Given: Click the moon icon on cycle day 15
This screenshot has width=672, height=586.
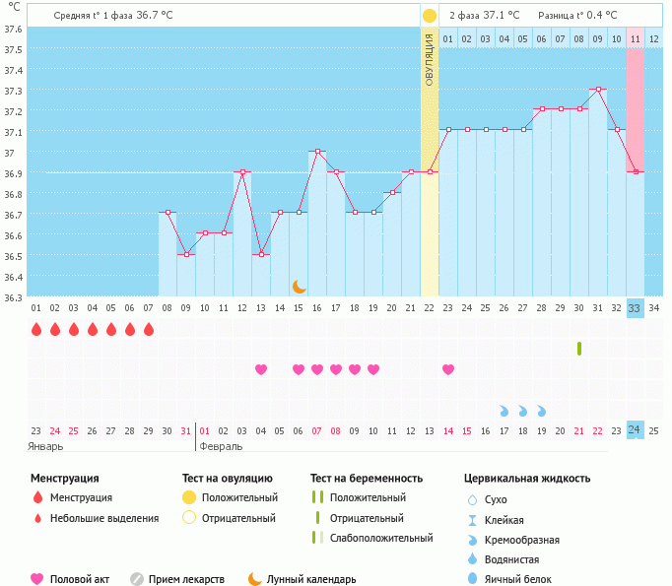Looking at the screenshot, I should coord(299,286).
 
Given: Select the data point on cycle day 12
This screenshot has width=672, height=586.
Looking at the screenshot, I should coord(242,172).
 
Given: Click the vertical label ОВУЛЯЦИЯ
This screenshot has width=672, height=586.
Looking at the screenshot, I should coord(430,59).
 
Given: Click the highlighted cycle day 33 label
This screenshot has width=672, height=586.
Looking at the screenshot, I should coord(636,308).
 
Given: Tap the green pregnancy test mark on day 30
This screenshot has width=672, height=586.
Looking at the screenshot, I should coord(579,349).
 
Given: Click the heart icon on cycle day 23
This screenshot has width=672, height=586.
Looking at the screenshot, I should coord(448,369).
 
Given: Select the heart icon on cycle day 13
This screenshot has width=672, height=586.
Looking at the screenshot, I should coord(261,369).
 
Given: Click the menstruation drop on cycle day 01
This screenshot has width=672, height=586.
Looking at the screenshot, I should coord(36,329).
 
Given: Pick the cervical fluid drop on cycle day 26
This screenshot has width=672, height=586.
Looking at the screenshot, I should coord(504,410).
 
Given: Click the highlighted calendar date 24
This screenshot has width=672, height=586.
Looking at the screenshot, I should coord(636,430).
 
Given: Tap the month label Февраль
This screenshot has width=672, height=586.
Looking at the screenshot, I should coord(221,446).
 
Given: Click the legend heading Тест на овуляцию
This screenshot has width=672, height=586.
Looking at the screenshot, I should coord(228,479).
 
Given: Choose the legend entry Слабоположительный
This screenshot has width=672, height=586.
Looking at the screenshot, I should coord(381,538).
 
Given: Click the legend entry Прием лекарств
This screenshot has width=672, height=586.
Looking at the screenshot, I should coord(186,579).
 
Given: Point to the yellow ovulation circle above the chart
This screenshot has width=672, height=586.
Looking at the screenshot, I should coord(430,16).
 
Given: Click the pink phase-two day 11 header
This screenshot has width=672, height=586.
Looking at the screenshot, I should coord(636,39).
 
